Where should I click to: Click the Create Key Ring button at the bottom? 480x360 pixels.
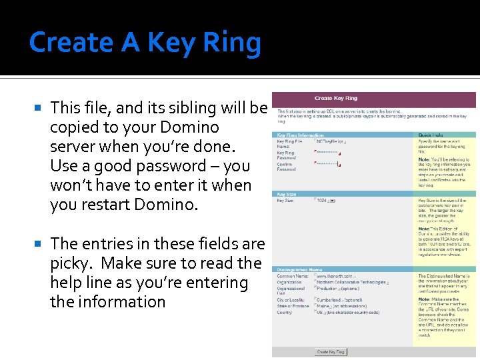[331, 351]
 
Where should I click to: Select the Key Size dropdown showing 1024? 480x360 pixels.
[326, 200]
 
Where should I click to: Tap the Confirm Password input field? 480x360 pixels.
[327, 163]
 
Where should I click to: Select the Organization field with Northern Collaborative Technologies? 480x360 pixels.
[351, 282]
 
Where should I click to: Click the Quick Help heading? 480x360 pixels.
[431, 135]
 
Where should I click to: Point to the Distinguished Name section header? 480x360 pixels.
[295, 269]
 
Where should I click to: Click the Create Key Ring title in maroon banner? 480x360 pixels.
[335, 99]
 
